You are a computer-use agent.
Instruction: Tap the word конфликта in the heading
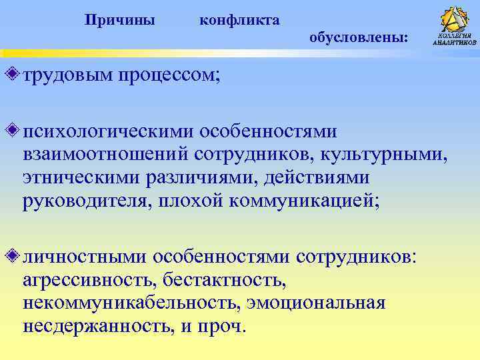239,21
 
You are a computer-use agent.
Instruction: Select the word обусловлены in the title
359,39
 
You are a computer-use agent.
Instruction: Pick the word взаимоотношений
105,154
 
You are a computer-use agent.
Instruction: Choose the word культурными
384,154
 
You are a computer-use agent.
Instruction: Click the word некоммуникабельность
129,304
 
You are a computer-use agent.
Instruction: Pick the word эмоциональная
316,304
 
